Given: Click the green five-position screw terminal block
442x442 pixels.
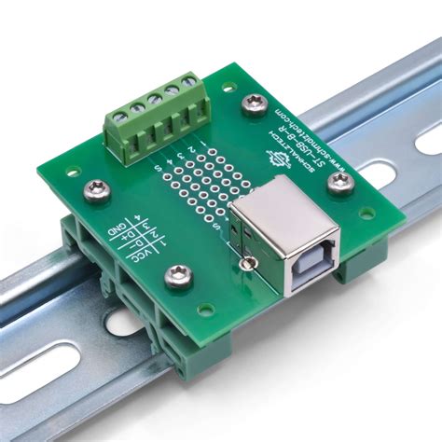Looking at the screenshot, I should [155, 117].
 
